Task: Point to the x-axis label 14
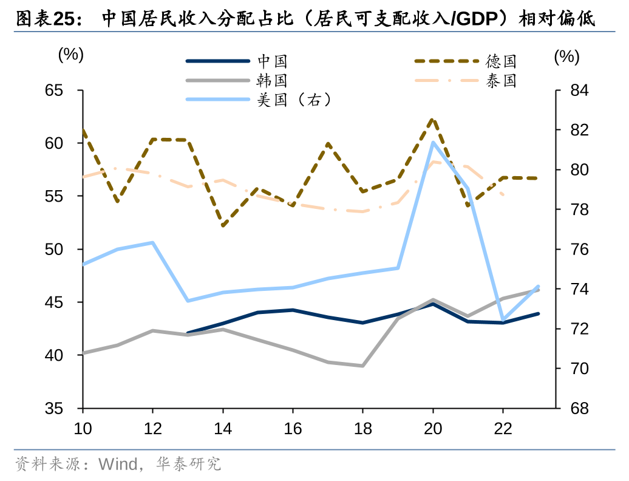(x=223, y=428)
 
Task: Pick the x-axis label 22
(x=503, y=428)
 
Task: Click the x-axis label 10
(x=83, y=428)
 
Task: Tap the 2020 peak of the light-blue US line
(x=433, y=143)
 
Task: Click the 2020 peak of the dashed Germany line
(x=433, y=120)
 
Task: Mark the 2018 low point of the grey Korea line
(x=362, y=366)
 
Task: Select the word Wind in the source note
(x=118, y=465)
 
